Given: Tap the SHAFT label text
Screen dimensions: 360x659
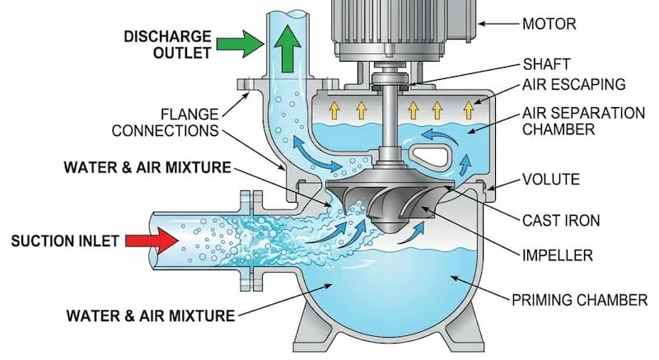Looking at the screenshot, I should pos(545,64).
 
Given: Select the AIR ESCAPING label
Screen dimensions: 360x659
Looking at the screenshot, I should pos(573,84).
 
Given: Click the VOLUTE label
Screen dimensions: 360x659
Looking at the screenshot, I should pos(551,180).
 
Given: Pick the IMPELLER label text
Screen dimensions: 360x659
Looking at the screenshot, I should pos(558,255).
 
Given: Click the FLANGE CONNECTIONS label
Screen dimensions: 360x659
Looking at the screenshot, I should pos(165,121).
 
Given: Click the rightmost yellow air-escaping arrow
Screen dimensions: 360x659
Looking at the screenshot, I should pos(470,110).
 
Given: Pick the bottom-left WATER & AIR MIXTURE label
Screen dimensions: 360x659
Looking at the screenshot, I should pos(150,315).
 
